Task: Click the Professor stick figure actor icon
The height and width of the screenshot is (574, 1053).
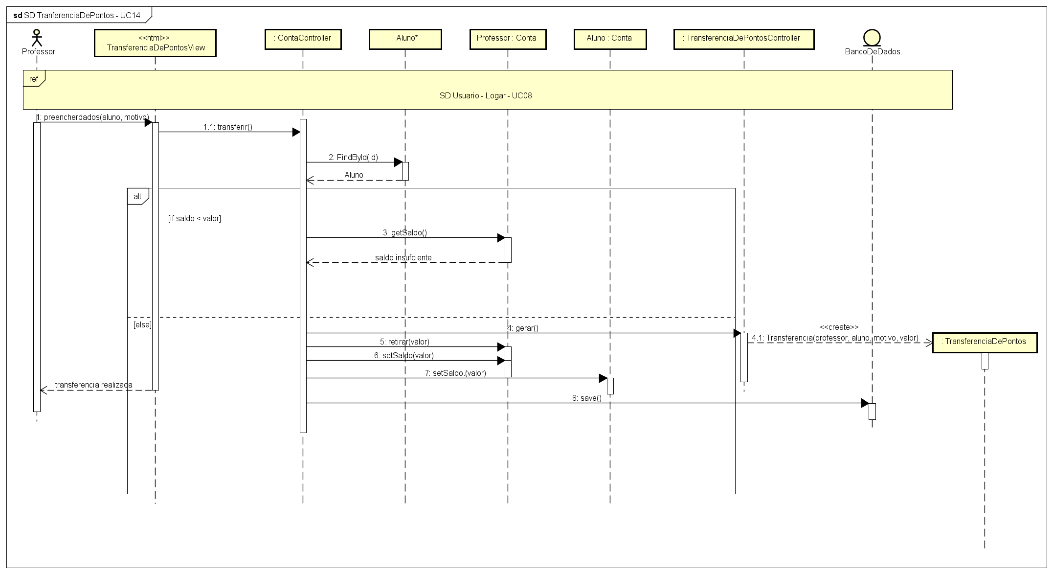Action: pos(37,38)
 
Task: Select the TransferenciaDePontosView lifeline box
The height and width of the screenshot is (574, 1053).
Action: pos(155,43)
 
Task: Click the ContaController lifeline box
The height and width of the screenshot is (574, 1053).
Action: pos(303,39)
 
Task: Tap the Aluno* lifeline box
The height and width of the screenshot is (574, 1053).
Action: pos(405,39)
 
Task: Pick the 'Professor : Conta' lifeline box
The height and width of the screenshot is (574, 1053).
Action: pos(507,39)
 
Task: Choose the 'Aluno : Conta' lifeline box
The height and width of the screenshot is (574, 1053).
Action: pos(609,39)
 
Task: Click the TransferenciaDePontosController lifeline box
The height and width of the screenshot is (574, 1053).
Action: pos(743,39)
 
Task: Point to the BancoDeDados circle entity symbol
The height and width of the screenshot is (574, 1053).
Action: pos(872,38)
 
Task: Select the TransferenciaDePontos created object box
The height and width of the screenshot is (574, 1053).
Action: pos(985,342)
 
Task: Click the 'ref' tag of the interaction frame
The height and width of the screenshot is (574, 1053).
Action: pos(34,79)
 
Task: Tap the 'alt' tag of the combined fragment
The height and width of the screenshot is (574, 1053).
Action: pos(137,197)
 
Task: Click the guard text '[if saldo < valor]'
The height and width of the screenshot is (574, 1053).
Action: pos(195,219)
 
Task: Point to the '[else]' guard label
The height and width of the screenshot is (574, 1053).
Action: pos(142,325)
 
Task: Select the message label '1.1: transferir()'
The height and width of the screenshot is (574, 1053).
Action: pos(228,127)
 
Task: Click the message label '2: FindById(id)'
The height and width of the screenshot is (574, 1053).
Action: pos(353,158)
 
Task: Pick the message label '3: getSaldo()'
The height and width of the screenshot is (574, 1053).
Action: pos(404,233)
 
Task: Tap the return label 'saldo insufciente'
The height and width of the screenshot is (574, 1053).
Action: pos(403,257)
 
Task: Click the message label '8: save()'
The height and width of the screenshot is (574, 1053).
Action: pos(586,398)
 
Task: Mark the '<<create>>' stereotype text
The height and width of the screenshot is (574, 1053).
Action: pos(839,327)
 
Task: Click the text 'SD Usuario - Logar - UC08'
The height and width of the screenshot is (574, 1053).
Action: pos(486,96)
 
